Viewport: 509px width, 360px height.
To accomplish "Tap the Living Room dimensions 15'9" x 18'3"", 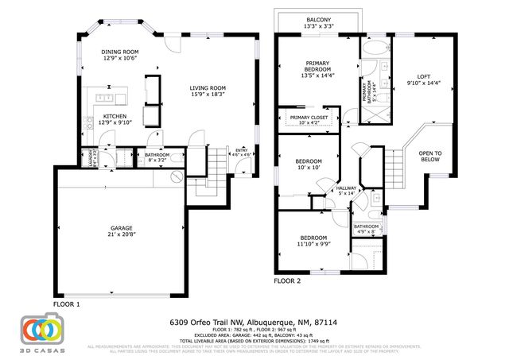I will [207, 95].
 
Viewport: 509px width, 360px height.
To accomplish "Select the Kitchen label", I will [115, 116].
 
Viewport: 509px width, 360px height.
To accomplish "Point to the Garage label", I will [122, 227].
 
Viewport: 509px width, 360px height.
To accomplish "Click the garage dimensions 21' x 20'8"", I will [122, 235].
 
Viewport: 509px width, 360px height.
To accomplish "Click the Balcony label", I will [318, 18].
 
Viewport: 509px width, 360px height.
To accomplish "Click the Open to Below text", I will [429, 155].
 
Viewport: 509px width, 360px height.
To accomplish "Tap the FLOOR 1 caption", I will [67, 304].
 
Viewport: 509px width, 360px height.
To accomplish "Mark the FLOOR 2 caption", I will [287, 281].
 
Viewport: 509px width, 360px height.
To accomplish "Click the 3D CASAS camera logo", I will [41, 330].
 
